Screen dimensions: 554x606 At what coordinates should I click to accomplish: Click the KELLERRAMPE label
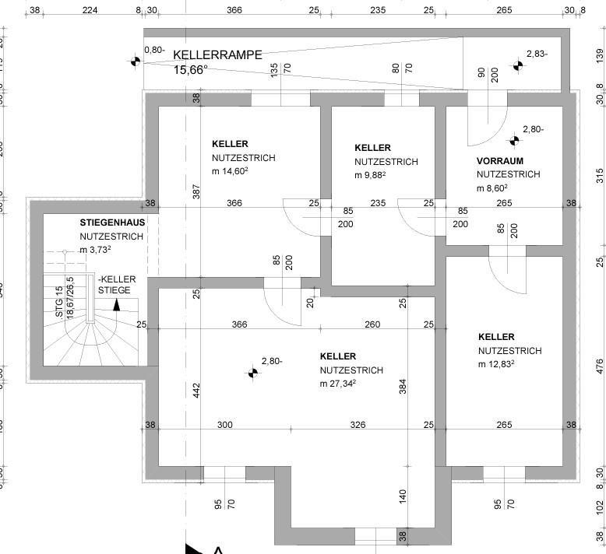[217, 55]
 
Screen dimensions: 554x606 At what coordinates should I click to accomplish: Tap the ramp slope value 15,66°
[190, 70]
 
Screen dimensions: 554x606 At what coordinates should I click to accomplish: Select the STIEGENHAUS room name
[112, 223]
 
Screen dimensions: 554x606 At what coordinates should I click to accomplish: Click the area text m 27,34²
[338, 384]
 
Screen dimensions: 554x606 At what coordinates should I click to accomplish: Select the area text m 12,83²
[499, 364]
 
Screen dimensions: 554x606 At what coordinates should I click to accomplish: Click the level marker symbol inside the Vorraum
[514, 141]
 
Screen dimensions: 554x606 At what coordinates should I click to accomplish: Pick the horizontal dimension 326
[358, 425]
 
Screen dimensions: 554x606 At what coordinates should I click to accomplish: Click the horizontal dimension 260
[372, 324]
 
